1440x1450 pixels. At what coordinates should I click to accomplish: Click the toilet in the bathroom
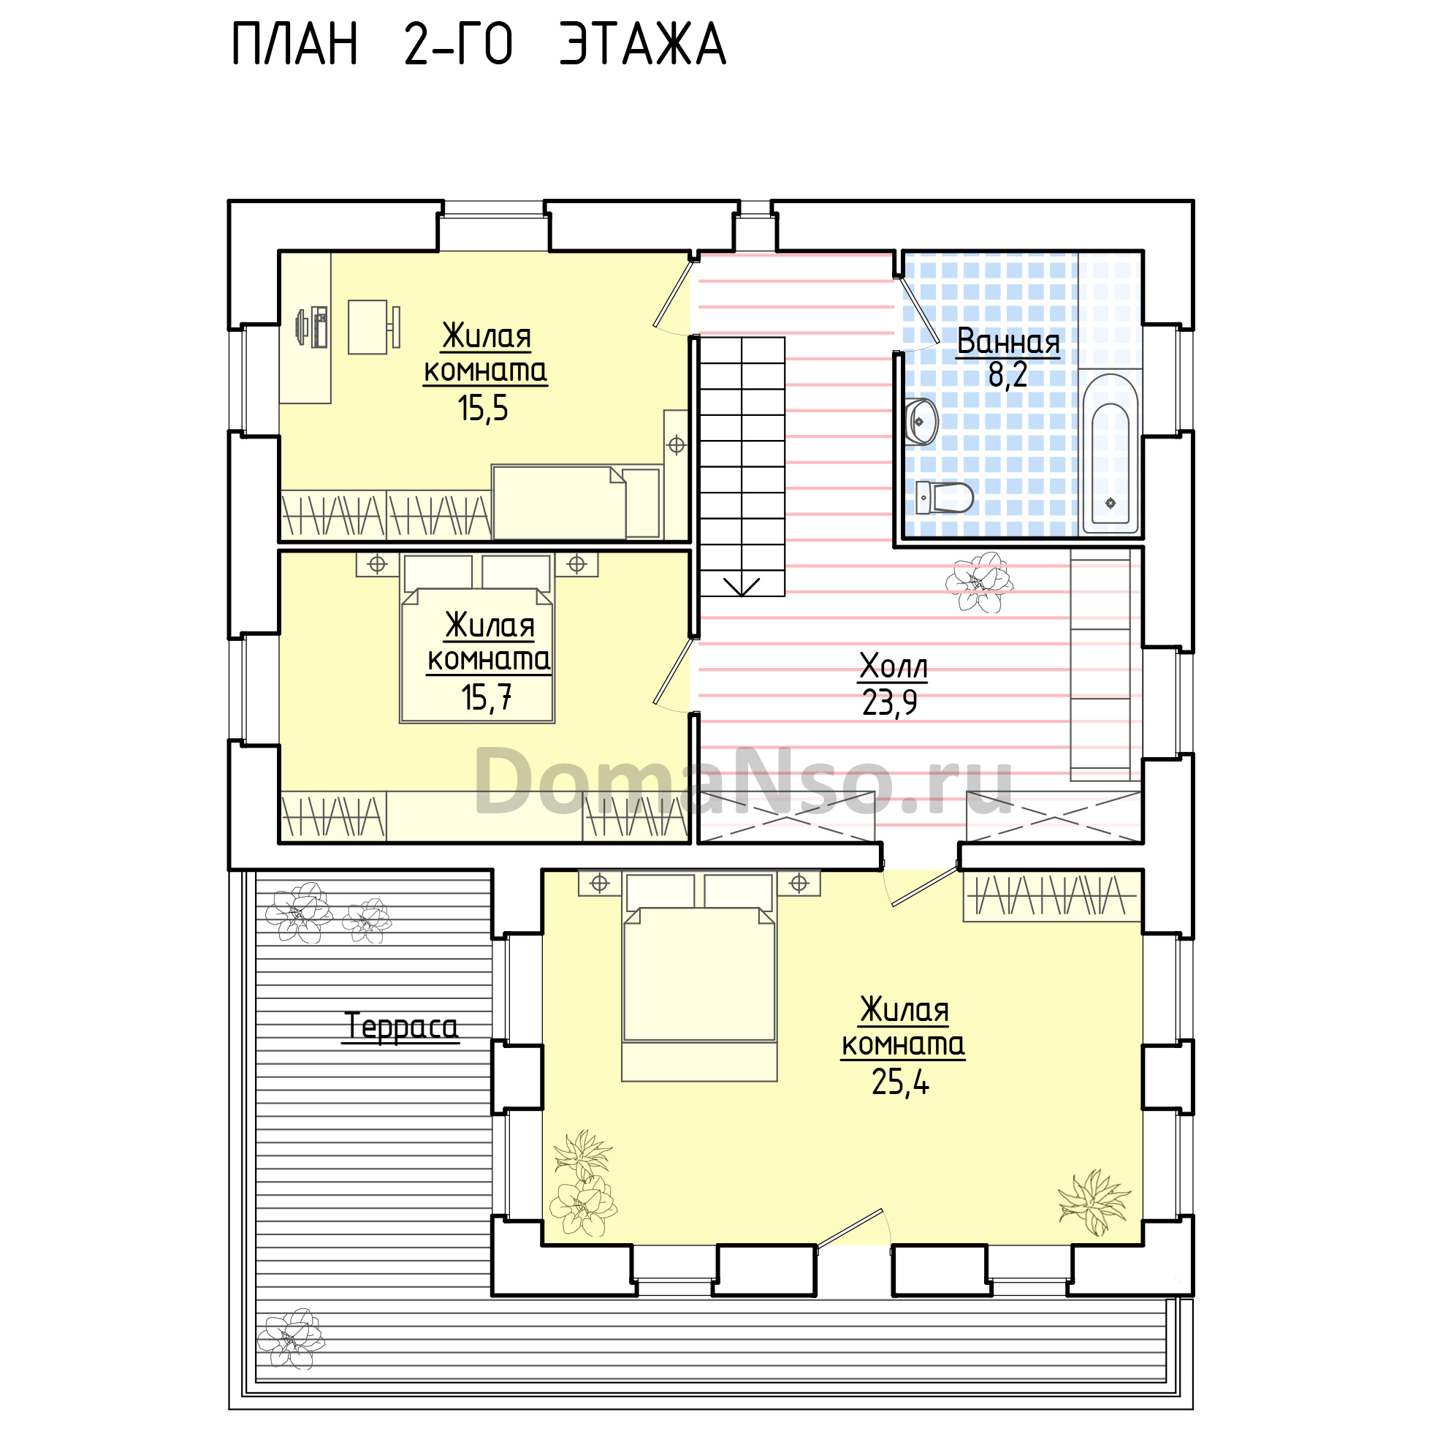[x=945, y=498]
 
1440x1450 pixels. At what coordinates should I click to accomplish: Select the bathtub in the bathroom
[x=1111, y=453]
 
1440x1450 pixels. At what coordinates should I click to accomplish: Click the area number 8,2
[x=1007, y=375]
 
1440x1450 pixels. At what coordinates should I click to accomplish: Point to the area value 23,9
[x=890, y=703]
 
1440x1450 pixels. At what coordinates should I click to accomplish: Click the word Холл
[x=894, y=666]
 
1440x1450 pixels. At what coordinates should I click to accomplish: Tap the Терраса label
[x=401, y=1027]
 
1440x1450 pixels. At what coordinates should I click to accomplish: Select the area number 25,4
[x=901, y=1082]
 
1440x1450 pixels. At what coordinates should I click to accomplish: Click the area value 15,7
[x=487, y=698]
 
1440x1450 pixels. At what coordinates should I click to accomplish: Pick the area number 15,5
[x=483, y=409]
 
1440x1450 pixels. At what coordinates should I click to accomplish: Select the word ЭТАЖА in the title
[x=643, y=45]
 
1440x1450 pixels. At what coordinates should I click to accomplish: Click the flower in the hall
[x=979, y=582]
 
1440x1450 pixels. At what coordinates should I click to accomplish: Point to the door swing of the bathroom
[x=918, y=315]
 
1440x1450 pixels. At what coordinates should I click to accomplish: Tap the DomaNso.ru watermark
[x=744, y=781]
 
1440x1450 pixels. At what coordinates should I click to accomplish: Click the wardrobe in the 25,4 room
[x=1052, y=896]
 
